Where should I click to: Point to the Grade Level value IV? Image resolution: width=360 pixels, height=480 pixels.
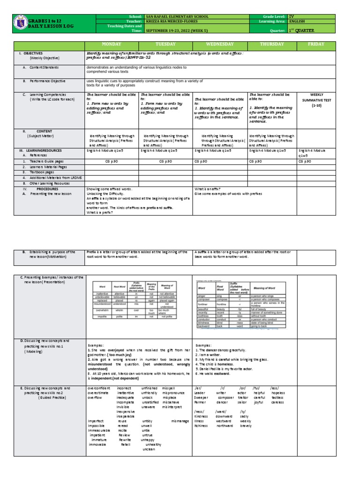click(x=292, y=16)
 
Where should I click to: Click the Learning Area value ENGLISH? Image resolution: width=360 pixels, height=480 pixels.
click(x=297, y=21)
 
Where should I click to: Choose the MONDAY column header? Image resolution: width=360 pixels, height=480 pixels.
click(x=111, y=44)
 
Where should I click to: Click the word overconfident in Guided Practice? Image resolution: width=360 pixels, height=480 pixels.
click(x=100, y=389)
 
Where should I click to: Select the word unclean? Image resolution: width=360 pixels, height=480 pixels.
click(x=148, y=449)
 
